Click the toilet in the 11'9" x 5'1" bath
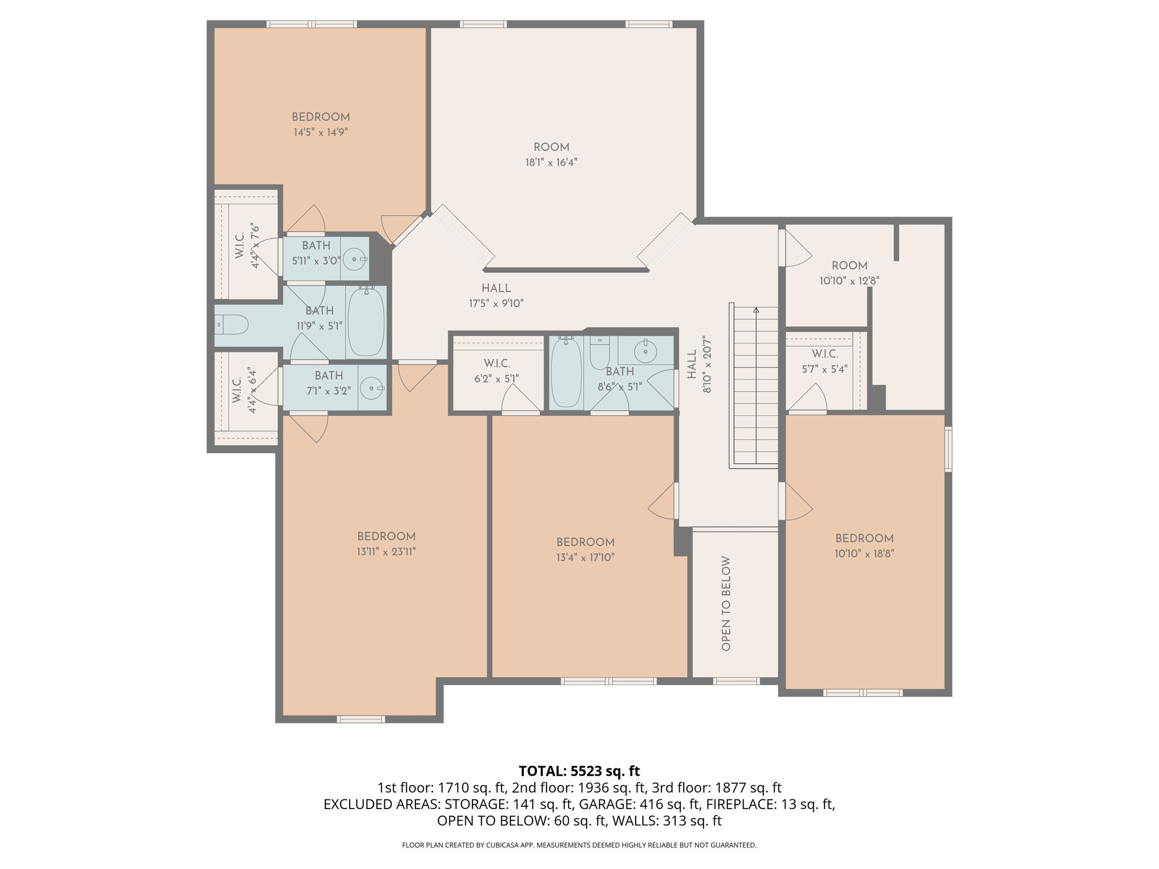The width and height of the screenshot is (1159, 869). click(233, 325)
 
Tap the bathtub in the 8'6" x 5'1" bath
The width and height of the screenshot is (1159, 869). click(566, 372)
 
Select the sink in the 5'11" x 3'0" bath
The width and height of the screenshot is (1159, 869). click(355, 259)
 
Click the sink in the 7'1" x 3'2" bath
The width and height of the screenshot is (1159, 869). click(372, 388)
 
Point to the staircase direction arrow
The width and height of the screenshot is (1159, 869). click(756, 310)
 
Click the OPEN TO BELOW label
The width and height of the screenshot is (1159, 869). click(726, 603)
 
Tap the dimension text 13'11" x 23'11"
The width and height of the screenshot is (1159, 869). click(386, 552)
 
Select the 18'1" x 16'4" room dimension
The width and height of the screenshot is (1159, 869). click(551, 162)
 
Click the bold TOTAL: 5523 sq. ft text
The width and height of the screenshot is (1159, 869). click(579, 771)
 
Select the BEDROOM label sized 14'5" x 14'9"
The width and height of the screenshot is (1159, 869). click(320, 117)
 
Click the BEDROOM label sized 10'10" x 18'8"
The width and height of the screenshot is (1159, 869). click(864, 539)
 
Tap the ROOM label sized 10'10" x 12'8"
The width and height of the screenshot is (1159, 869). click(849, 265)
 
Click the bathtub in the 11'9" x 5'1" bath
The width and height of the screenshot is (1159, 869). click(366, 321)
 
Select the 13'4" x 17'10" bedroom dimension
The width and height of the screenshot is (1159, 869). click(585, 557)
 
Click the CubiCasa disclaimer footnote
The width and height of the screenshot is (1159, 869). click(579, 845)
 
